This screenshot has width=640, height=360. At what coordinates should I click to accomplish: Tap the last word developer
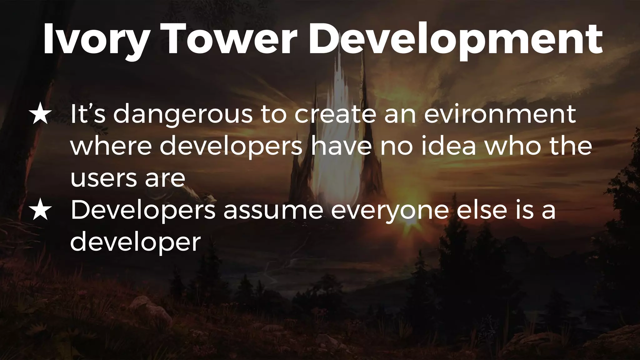135,243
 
